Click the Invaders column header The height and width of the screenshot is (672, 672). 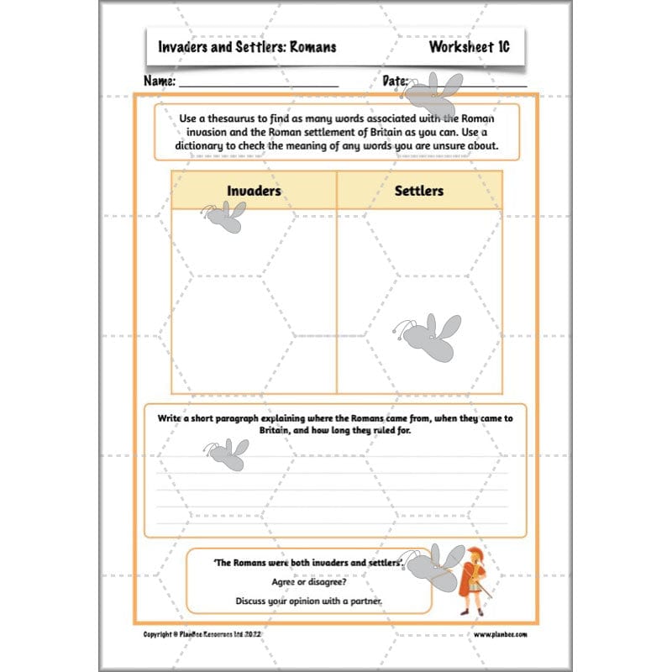tap(253, 191)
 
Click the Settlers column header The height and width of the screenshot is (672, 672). tap(418, 191)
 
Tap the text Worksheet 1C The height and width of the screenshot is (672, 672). tap(469, 47)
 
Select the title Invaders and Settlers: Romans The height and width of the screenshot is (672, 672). tap(247, 47)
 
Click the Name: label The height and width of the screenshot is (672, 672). tap(160, 81)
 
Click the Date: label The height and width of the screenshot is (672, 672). tap(395, 81)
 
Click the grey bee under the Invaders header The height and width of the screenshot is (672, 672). tap(224, 217)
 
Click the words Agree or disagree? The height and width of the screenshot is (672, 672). tap(308, 581)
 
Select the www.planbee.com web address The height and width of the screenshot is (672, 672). tap(501, 635)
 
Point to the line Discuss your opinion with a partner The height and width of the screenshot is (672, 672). tap(308, 601)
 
